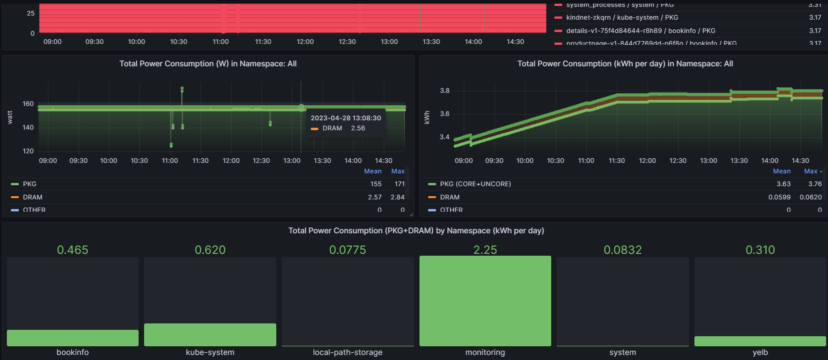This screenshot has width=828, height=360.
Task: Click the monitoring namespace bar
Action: [485, 301]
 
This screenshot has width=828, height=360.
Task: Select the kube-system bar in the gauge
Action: [210, 335]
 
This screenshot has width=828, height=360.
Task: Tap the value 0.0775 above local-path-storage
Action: [348, 250]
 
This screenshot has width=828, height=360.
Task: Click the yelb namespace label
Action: [760, 352]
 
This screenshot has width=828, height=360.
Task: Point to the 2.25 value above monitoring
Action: [485, 250]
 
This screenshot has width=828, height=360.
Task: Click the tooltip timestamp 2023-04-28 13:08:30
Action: [345, 118]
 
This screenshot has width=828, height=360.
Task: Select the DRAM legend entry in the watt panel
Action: [32, 197]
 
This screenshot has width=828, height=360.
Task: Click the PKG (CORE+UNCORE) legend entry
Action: [475, 184]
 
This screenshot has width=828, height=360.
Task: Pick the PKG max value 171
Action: [399, 184]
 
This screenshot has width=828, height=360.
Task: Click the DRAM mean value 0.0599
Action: [779, 197]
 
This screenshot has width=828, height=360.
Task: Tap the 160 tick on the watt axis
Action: [28, 104]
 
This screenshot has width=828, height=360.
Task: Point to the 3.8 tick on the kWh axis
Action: [445, 91]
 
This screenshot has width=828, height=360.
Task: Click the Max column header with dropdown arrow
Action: [812, 171]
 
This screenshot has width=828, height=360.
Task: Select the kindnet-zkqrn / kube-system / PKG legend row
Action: [622, 17]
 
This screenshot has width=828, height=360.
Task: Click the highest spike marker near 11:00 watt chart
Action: [182, 88]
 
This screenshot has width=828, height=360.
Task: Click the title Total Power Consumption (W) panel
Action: [208, 64]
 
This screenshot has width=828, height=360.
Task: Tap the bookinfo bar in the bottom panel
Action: [72, 338]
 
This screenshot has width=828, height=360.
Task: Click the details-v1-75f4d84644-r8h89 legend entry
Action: [640, 31]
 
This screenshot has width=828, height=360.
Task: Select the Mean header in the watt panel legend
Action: [372, 171]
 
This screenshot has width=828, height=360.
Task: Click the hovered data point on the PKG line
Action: [301, 108]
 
